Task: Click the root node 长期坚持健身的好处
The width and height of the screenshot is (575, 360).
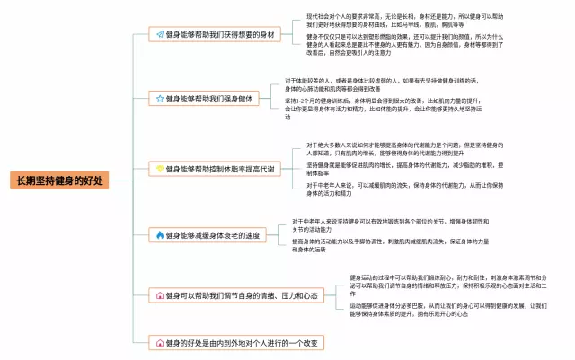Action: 59,180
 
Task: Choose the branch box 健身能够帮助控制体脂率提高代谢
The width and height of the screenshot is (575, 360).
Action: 216,168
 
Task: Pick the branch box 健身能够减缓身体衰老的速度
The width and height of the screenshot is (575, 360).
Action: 212,235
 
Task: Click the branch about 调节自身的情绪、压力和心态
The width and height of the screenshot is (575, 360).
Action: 236,295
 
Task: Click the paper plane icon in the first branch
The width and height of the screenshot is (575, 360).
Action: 159,34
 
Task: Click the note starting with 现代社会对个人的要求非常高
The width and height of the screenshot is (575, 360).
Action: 404,21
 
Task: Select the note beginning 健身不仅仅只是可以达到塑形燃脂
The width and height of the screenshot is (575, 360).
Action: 404,48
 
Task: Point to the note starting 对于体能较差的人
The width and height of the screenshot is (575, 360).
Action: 378,84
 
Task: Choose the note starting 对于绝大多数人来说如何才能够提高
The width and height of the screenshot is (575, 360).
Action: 404,148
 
